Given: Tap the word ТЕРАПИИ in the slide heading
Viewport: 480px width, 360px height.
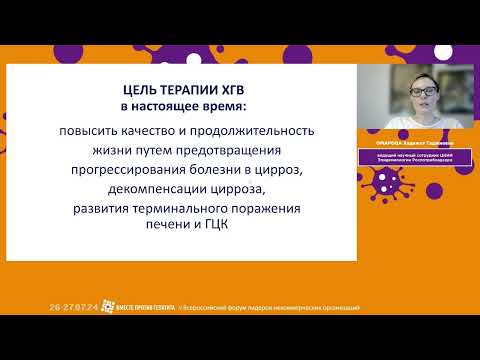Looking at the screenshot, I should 189,87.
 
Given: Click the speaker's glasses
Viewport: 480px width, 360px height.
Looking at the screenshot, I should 423,93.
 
